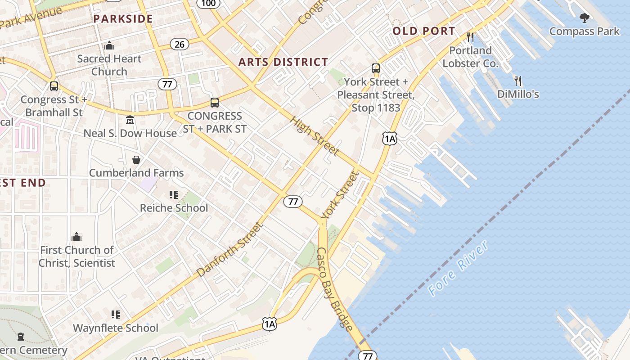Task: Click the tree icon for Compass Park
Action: [584, 18]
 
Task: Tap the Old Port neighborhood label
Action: [424, 31]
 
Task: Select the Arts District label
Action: [283, 62]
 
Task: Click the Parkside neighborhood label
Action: [123, 19]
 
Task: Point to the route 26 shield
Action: [180, 44]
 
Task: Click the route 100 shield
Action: [208, 3]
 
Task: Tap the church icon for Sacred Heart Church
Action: [109, 46]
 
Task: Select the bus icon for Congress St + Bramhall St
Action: [54, 86]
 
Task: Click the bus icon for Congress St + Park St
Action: [215, 103]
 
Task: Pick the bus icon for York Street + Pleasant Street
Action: [375, 69]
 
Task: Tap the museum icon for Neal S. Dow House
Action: [130, 120]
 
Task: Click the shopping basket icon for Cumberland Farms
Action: [136, 160]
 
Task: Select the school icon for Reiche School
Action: [174, 195]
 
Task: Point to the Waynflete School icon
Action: [116, 315]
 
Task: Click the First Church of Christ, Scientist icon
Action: [76, 237]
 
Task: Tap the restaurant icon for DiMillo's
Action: [518, 81]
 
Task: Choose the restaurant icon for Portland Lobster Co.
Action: [470, 37]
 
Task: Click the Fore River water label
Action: [458, 268]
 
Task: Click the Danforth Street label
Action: [229, 250]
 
